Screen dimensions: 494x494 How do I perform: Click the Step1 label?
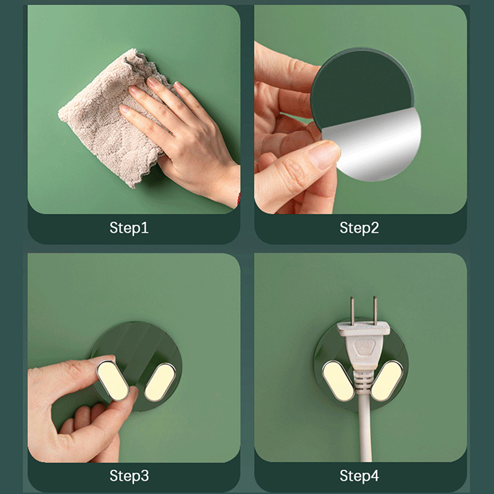click(x=129, y=228)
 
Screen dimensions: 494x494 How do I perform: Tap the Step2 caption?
click(x=359, y=228)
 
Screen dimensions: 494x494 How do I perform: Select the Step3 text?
click(x=129, y=475)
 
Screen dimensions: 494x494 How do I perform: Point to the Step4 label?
click(x=359, y=475)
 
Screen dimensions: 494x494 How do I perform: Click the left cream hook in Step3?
click(x=112, y=380)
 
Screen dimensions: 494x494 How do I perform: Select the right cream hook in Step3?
click(x=159, y=382)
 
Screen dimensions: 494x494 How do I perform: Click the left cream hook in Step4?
click(x=339, y=381)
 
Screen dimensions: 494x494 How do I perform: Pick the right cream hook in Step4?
click(x=387, y=381)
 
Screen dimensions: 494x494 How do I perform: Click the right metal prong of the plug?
click(x=375, y=311)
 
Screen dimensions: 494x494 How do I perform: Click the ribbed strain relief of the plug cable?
click(x=364, y=383)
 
